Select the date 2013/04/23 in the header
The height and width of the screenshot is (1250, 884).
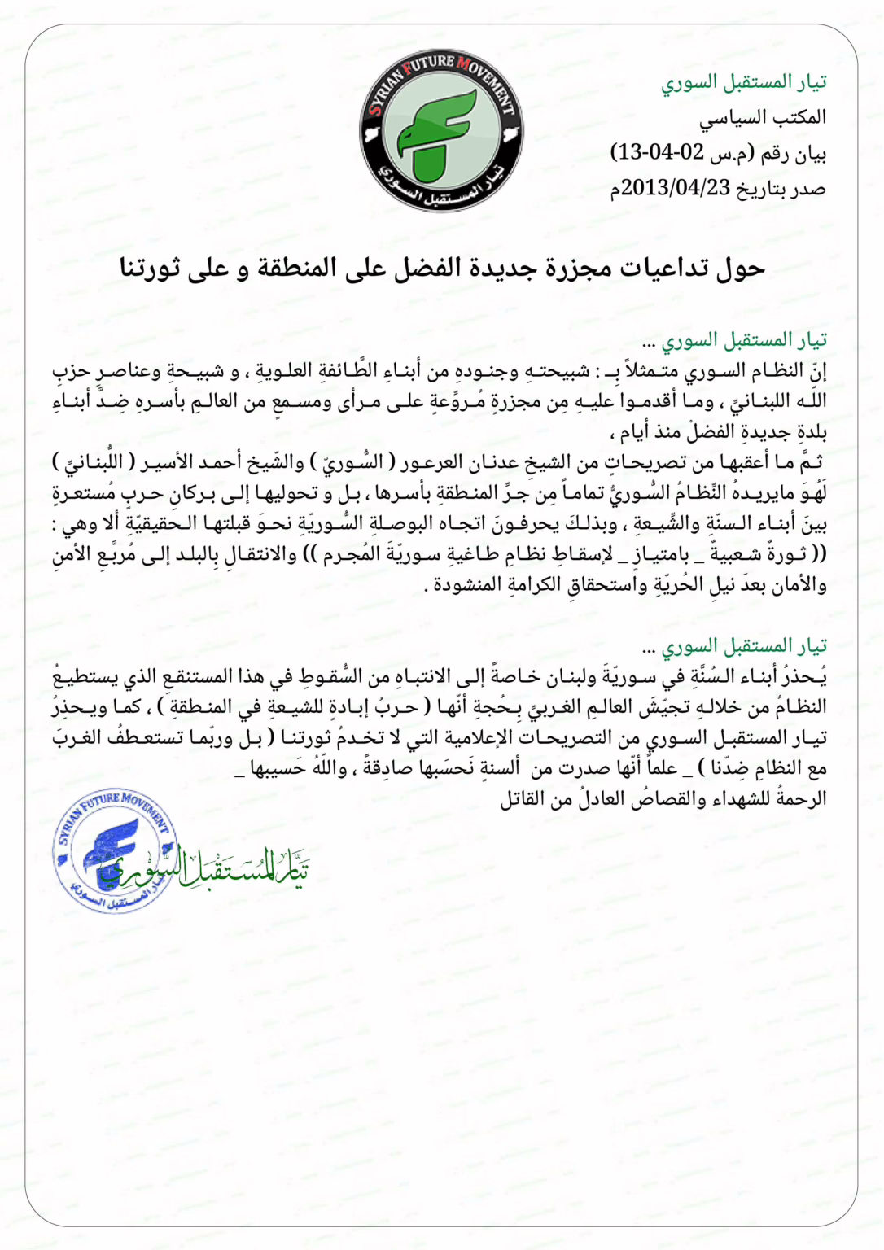click(676, 189)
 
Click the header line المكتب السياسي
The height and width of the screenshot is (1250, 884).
click(763, 118)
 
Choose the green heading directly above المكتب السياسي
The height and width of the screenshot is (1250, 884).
click(743, 82)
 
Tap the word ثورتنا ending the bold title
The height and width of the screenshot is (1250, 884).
click(150, 268)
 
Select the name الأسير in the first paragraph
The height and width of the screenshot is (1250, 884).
click(167, 463)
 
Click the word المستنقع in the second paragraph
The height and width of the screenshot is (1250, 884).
click(196, 677)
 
